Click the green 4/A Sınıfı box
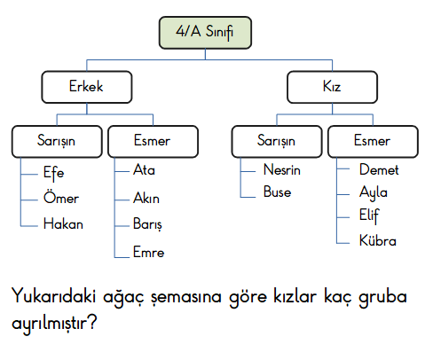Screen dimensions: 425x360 [x=205, y=33]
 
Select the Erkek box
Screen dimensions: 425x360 [x=87, y=87]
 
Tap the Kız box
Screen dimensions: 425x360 [x=332, y=87]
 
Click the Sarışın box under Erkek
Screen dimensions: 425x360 [x=57, y=141]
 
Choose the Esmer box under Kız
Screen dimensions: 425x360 [x=373, y=141]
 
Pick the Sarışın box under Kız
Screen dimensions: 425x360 [x=277, y=141]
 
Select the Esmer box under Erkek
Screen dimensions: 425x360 [x=153, y=141]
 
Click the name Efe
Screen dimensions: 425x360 [x=53, y=173]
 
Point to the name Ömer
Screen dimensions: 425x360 [x=61, y=198]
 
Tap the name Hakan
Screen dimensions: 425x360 [x=63, y=223]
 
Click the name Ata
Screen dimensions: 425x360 [x=144, y=169]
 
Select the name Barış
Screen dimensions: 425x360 [x=147, y=224]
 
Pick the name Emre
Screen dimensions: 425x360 [x=148, y=252]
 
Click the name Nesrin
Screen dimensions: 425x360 [x=282, y=169]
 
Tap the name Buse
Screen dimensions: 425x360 [x=277, y=192]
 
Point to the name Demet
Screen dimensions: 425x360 [x=379, y=169]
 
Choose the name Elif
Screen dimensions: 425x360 [x=369, y=215]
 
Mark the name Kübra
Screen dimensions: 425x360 [x=378, y=240]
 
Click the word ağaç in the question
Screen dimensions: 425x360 [x=123, y=297]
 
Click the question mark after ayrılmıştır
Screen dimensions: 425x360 [x=92, y=322]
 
